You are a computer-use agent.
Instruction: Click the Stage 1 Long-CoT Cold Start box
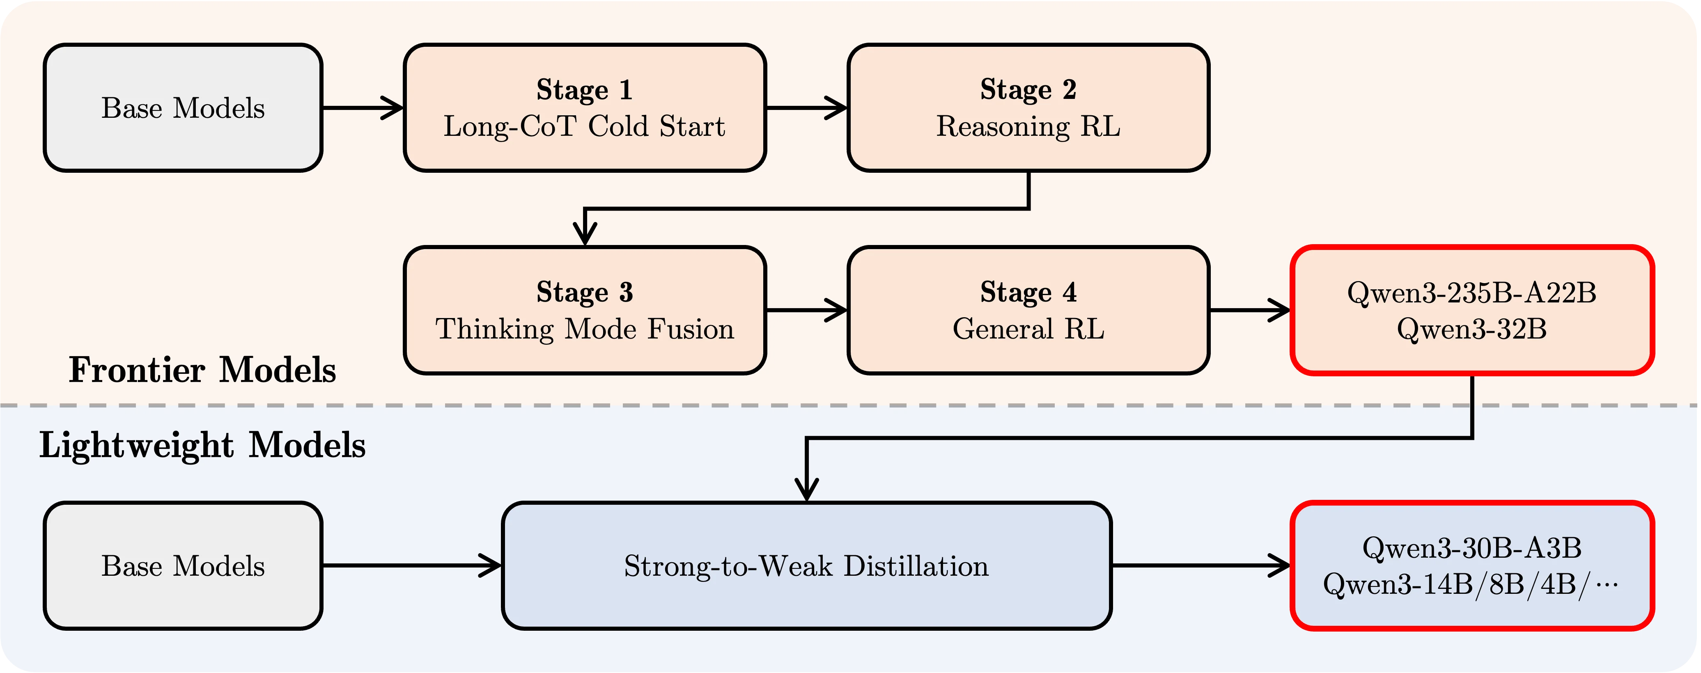[x=584, y=108]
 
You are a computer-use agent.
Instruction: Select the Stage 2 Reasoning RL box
[x=1028, y=108]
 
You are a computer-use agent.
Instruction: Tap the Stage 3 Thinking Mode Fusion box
[x=584, y=310]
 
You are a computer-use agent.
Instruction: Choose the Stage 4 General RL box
[x=1028, y=310]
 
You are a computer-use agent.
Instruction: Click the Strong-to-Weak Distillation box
[x=806, y=565]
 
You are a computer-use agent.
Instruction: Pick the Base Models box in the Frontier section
[x=183, y=108]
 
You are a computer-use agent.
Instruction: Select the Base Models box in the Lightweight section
[x=183, y=565]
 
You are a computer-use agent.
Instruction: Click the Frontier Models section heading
[x=202, y=369]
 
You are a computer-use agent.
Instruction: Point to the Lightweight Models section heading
[x=202, y=445]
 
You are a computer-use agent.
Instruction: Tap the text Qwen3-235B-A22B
[x=1472, y=292]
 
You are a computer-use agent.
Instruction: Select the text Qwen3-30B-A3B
[x=1472, y=548]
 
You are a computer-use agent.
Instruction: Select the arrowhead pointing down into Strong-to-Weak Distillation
[x=807, y=490]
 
